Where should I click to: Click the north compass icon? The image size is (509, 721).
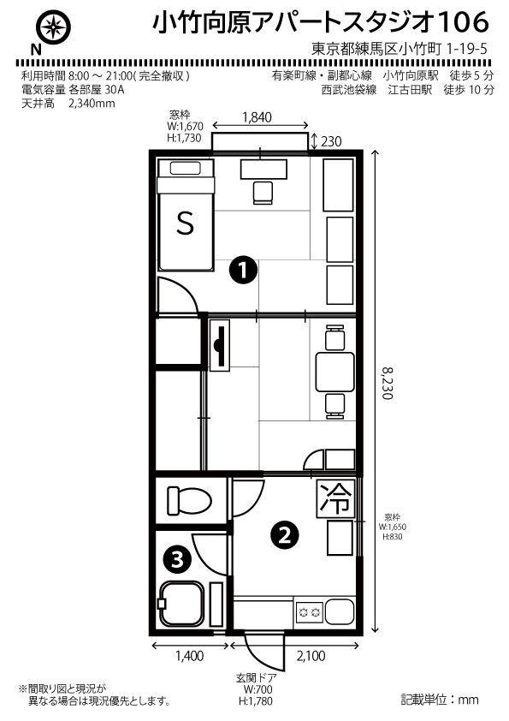click(x=55, y=28)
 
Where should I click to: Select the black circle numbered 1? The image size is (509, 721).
click(x=243, y=270)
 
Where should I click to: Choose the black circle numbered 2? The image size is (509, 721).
click(x=285, y=535)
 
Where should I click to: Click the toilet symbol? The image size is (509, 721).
click(x=189, y=500)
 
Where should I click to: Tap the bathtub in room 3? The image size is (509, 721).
click(x=181, y=604)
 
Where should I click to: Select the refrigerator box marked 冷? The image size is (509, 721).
click(x=336, y=498)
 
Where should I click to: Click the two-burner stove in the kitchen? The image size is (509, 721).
click(x=309, y=612)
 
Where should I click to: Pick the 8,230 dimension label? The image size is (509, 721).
click(x=388, y=383)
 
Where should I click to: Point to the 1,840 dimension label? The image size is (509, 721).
click(x=257, y=117)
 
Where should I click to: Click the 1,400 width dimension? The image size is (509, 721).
click(x=189, y=656)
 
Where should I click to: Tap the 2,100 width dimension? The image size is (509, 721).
click(x=311, y=656)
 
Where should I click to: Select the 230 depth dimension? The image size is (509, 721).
click(x=331, y=141)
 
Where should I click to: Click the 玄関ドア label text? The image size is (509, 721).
click(x=257, y=678)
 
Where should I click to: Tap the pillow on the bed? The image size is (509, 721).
click(x=185, y=169)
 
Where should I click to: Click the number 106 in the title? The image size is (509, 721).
click(x=463, y=22)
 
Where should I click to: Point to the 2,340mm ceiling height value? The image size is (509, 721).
click(x=92, y=104)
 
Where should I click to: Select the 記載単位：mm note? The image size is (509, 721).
click(x=440, y=700)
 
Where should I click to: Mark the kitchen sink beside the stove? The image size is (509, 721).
click(x=339, y=612)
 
